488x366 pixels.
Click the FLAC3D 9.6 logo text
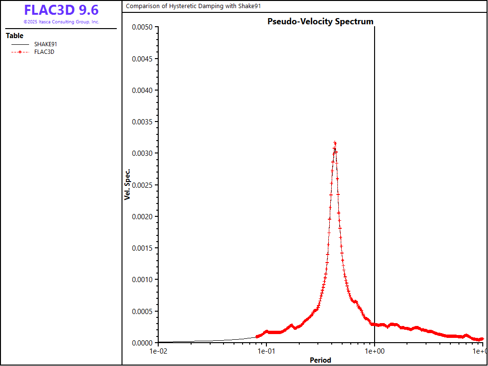[61, 10]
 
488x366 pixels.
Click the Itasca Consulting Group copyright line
[61, 22]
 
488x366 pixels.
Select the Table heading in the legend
[14, 36]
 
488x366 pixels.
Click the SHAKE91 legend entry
[46, 44]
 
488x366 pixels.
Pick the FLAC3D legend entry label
[44, 52]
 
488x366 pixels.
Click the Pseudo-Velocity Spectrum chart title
[320, 21]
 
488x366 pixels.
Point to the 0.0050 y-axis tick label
[142, 28]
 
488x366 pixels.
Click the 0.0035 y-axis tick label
[142, 122]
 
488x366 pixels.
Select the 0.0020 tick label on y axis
[142, 217]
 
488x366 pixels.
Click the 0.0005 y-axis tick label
[142, 312]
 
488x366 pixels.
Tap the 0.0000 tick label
[142, 343]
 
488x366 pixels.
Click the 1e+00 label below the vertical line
[375, 352]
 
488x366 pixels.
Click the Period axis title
[320, 360]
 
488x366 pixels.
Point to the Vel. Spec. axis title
[127, 184]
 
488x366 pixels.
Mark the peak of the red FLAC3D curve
[335, 142]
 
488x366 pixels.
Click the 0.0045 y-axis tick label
[142, 59]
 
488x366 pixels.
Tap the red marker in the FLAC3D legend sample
[20, 52]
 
